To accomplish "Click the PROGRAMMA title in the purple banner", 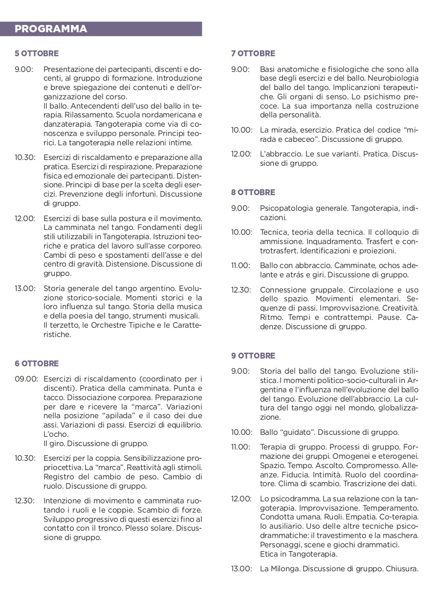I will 51,29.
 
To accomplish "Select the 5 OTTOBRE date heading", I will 37,53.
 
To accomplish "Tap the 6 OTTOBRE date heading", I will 37,363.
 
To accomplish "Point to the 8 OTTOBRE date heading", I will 253,192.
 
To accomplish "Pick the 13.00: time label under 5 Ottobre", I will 24,289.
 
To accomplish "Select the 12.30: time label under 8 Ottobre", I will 241,290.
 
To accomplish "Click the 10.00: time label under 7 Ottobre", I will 241,130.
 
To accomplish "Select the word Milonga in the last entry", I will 284,569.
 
